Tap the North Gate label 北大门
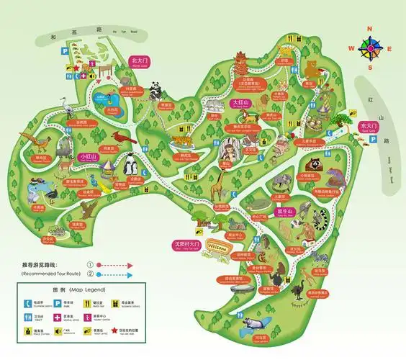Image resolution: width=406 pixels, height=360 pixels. [x=138, y=61]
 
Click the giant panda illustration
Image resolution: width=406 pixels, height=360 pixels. [x=155, y=89]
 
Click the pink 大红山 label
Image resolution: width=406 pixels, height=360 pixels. [x=240, y=103]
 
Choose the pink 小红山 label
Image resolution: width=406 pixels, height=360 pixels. [x=89, y=156]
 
